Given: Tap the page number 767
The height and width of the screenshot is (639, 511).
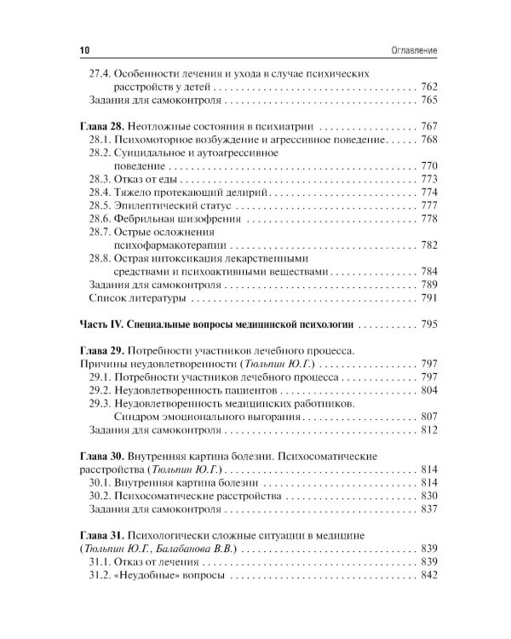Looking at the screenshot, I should [428, 125].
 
